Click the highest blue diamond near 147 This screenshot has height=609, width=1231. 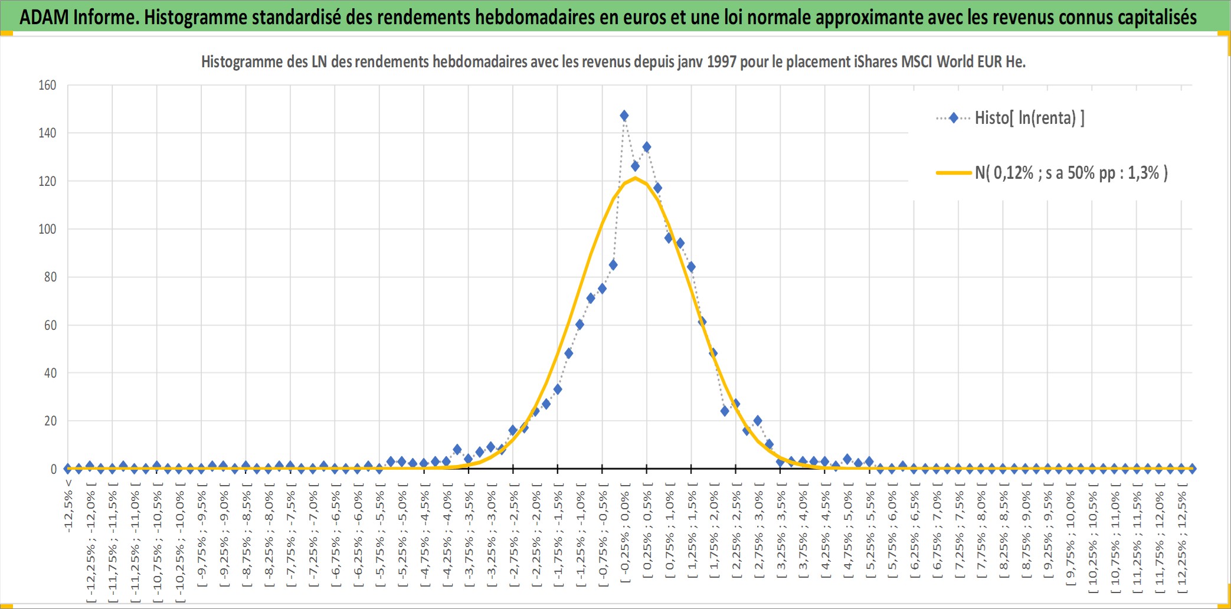point(624,116)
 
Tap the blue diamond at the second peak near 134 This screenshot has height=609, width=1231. point(647,147)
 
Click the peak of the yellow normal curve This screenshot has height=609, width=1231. point(635,178)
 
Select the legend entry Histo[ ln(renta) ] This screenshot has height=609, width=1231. point(1010,118)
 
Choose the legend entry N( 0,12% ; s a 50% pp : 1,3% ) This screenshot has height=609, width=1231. point(1052,173)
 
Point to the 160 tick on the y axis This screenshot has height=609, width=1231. point(47,85)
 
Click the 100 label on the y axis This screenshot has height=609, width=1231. point(47,229)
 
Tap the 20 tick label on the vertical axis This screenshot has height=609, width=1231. point(50,421)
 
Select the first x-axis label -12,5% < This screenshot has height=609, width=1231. point(68,506)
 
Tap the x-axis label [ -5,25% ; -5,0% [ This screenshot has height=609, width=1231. point(402,535)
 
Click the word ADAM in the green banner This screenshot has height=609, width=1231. point(44,17)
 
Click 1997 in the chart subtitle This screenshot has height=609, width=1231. point(722,61)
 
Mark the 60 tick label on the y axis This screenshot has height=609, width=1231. point(50,325)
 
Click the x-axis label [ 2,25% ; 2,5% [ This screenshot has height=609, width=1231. point(736,535)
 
